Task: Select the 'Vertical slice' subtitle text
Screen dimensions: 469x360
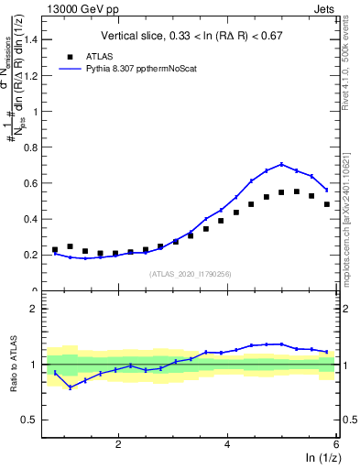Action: click(193, 36)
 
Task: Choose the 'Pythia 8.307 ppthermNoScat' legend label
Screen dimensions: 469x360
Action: click(144, 68)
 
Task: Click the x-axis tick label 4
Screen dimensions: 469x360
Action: click(227, 444)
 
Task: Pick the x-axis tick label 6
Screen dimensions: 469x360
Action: click(336, 444)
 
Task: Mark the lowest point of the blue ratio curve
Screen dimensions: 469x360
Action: click(71, 387)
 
